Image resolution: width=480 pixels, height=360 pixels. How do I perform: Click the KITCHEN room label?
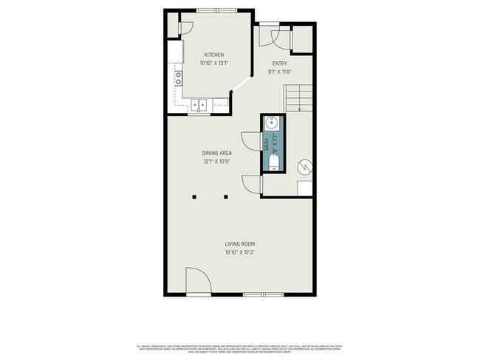coord(214,55)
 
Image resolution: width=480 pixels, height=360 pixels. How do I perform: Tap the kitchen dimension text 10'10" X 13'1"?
coord(214,63)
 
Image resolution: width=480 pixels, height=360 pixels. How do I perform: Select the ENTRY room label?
coord(279,63)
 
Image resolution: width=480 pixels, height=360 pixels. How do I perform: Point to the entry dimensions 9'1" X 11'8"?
coord(279,72)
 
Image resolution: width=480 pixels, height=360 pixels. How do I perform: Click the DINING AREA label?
coord(217,153)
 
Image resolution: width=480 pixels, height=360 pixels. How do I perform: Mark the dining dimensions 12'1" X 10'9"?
coord(217,161)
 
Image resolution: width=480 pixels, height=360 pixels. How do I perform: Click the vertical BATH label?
coord(267,145)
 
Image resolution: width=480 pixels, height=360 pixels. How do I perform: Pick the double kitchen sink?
coord(199,105)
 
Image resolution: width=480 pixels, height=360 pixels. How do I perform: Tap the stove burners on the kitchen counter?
coord(178,78)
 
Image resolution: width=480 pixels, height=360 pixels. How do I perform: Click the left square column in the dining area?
coord(195,197)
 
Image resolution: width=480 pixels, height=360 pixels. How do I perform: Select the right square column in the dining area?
coord(227,197)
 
